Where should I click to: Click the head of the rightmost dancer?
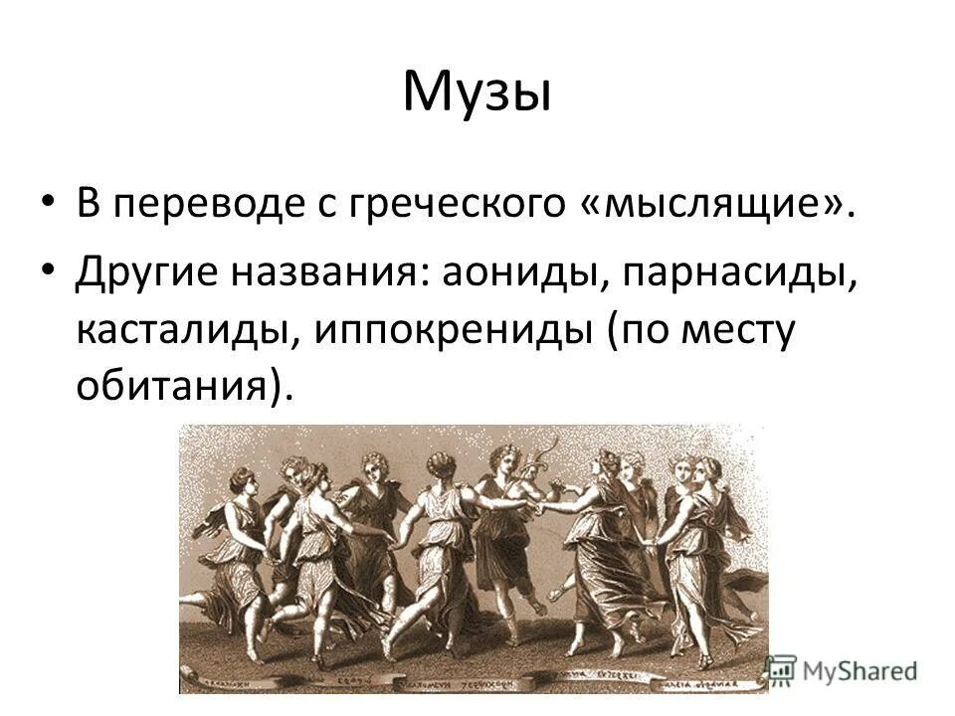point(707,470)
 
